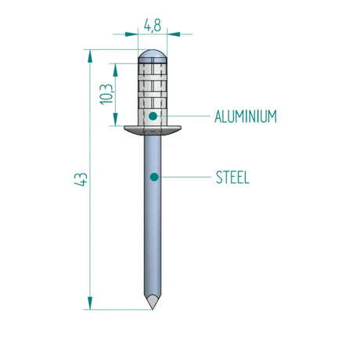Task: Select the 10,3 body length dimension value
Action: click(108, 94)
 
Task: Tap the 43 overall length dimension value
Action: click(78, 178)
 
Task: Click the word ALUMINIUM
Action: click(246, 117)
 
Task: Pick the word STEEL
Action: click(232, 178)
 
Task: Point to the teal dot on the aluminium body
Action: click(153, 117)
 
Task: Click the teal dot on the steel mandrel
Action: click(154, 178)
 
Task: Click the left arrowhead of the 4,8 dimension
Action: click(133, 34)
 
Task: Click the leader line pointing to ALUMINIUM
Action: click(184, 117)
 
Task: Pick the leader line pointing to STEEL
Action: click(184, 178)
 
